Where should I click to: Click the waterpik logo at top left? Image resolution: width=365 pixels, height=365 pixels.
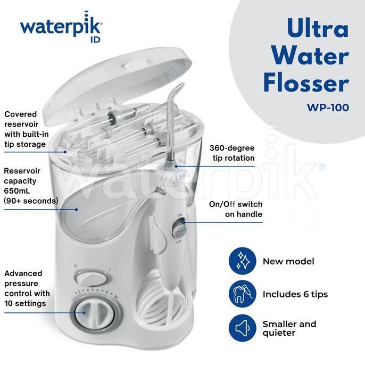61,27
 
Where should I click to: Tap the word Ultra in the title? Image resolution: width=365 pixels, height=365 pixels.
318,28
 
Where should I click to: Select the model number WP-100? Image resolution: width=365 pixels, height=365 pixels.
328,107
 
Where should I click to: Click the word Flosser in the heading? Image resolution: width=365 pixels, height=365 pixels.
306,83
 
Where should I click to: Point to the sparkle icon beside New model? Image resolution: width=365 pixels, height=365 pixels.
243,261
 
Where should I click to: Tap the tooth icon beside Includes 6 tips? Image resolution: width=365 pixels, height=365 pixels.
243,294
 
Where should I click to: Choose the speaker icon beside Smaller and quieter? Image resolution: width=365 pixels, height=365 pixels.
243,328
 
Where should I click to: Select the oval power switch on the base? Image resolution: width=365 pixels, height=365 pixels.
92,278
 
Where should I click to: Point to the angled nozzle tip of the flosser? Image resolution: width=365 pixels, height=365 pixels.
179,88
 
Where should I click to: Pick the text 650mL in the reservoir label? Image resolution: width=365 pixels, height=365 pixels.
17,191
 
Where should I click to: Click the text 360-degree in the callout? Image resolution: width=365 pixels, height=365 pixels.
232,148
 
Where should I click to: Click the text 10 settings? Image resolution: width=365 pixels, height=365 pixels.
25,303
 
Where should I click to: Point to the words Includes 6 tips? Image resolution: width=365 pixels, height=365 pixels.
295,294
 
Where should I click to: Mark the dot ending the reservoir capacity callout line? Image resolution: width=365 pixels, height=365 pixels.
76,210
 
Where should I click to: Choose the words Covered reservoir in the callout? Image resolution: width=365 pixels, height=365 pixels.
21,119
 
